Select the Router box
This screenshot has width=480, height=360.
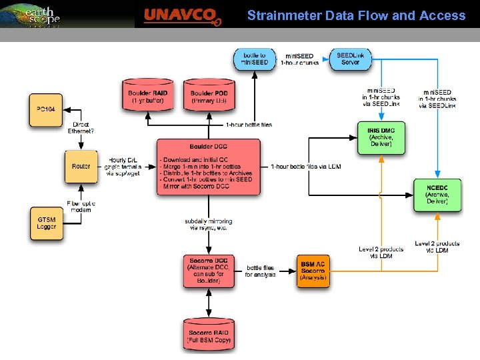pos(81,166)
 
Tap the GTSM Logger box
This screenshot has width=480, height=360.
pos(47,223)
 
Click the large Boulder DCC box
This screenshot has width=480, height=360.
pos(208,166)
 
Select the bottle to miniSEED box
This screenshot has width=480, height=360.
pos(255,59)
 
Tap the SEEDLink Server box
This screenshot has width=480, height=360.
pos(351,59)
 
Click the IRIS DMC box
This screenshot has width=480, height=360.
pos(381,137)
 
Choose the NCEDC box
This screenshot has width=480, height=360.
pos(437,195)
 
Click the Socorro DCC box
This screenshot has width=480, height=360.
pos(209,270)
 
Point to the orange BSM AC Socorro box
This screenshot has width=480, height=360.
pos(312,270)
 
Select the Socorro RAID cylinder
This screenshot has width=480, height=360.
pos(209,335)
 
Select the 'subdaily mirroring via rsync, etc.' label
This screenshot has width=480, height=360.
pos(209,224)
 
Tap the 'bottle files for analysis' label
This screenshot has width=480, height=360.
pos(260,271)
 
